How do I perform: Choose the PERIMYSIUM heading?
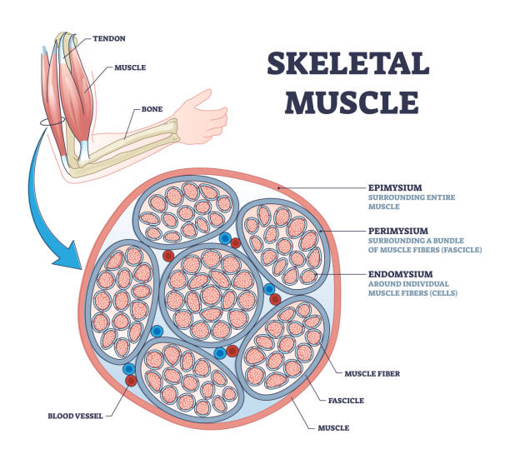399,230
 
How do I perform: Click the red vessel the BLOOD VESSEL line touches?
130,381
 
